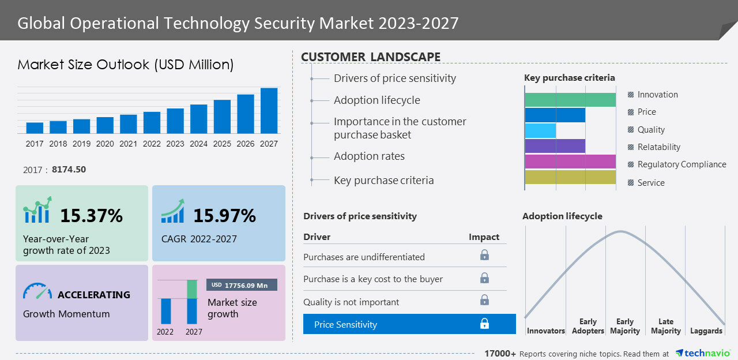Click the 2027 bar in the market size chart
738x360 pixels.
[269, 111]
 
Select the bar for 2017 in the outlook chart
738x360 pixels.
[35, 127]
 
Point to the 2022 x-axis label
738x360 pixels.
[152, 144]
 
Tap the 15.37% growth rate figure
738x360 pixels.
[91, 216]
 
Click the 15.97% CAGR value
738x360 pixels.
[224, 216]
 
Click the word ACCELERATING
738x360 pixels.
[94, 295]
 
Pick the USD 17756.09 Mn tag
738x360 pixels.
[242, 284]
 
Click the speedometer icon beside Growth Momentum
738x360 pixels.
[37, 291]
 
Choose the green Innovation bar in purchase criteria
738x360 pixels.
[570, 100]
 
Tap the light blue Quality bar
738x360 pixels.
[540, 130]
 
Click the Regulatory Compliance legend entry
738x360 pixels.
[681, 164]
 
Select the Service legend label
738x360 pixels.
[651, 183]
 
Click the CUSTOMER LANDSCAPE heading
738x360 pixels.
[371, 57]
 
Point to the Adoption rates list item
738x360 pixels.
[369, 156]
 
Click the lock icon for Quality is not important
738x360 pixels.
[484, 300]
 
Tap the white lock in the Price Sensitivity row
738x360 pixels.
[484, 324]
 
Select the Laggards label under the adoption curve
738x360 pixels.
[706, 331]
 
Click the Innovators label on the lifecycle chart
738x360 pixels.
[545, 331]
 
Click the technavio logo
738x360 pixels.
[703, 353]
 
